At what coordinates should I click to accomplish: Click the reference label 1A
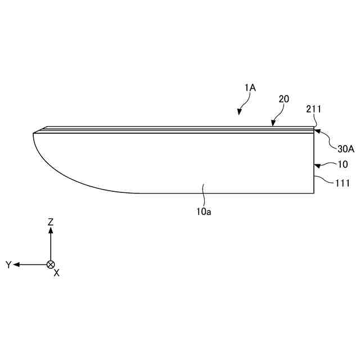coord(250,88)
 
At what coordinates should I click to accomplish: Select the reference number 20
coord(283,99)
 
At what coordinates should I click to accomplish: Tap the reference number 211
coord(313,109)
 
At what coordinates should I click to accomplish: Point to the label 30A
coord(346,149)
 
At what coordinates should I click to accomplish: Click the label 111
coord(343,183)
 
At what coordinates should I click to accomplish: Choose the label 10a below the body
coord(204,211)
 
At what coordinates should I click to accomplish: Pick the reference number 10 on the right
coord(343,164)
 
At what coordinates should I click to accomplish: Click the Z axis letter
coord(51,222)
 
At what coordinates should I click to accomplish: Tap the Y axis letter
coord(8,265)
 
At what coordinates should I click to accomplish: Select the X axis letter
coord(57,273)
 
